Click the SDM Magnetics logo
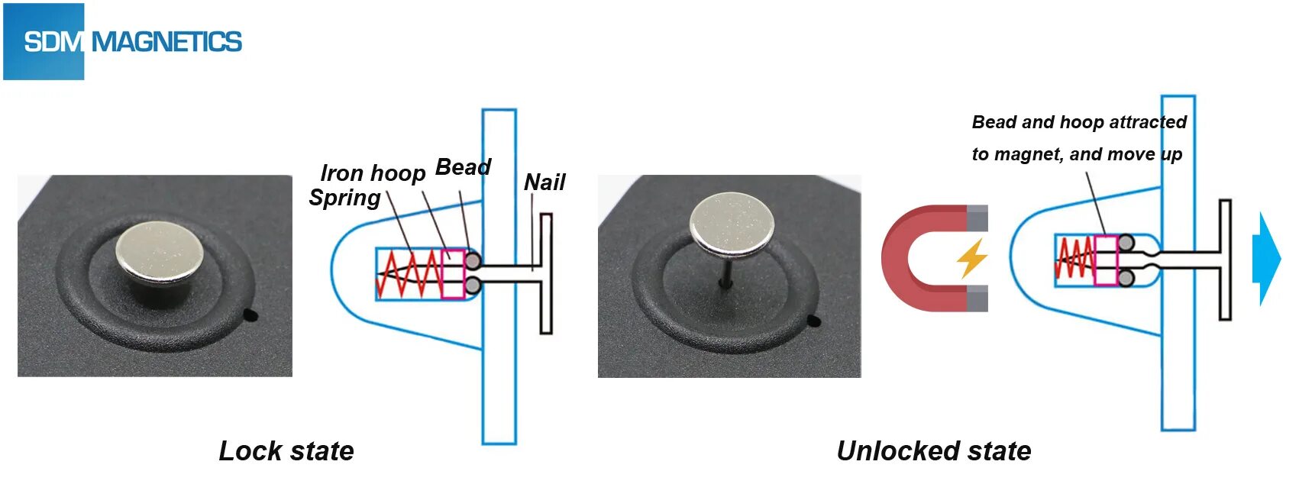[122, 41]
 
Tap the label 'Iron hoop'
[373, 173]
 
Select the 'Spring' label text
[344, 198]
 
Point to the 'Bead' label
[463, 167]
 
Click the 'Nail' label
[544, 182]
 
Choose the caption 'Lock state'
[286, 450]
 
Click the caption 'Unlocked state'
[934, 450]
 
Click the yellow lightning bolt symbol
[972, 258]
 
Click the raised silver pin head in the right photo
[732, 224]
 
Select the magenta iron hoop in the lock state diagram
[454, 273]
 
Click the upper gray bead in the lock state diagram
[473, 261]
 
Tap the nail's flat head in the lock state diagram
[546, 273]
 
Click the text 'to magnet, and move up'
[1077, 154]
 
